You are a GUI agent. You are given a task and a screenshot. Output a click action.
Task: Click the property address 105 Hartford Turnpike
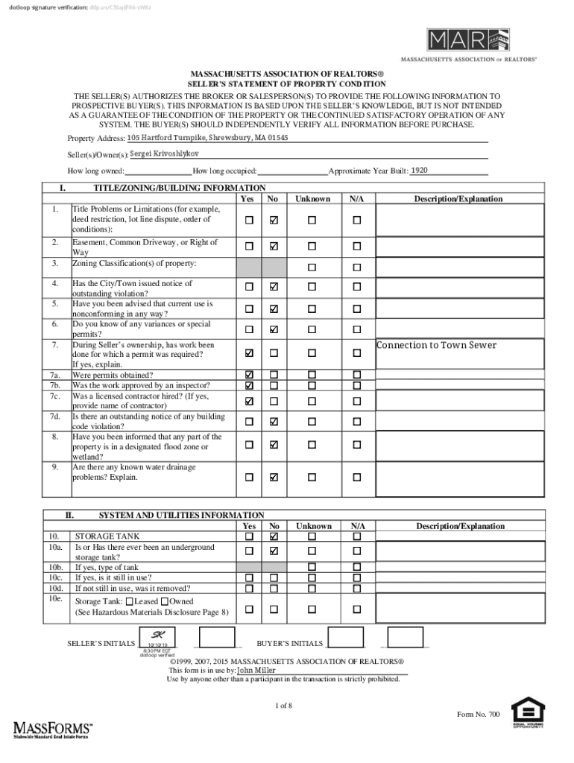196,138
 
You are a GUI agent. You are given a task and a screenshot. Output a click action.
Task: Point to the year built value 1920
419,171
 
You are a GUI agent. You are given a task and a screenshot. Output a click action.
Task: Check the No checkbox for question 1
274,221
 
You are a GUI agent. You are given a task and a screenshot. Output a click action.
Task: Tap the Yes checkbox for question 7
249,352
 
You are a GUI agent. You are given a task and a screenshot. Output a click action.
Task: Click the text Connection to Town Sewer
436,345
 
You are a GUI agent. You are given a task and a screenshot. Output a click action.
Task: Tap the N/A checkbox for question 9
356,476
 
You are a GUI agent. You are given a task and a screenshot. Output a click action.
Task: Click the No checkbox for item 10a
274,551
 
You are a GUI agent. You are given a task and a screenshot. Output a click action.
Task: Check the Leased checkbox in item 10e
130,601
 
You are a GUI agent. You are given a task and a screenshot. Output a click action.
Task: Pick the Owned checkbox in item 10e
165,601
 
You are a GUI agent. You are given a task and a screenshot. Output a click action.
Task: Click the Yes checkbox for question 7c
249,401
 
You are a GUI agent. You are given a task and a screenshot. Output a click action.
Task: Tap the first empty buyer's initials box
346,639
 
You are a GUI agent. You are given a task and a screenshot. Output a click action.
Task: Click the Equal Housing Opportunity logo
527,713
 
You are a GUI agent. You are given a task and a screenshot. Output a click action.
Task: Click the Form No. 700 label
478,715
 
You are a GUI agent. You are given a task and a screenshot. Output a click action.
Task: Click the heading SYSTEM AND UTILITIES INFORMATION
181,515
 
